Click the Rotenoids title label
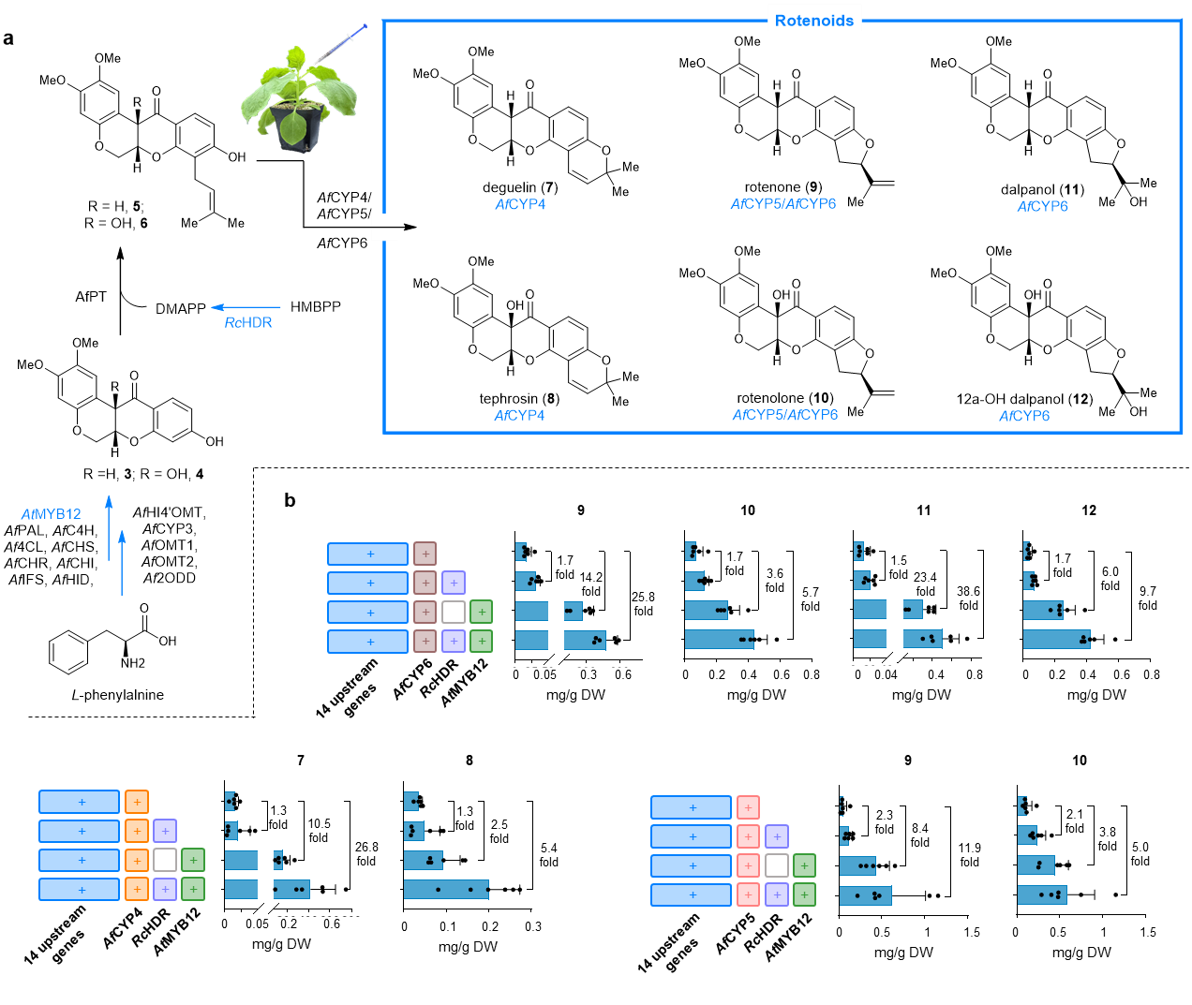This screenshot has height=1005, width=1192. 814,20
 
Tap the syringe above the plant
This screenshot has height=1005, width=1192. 339,46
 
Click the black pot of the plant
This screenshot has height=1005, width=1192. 298,129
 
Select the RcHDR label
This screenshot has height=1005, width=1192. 248,322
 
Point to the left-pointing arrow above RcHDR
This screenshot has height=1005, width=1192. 246,307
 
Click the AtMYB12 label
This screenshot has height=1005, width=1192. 52,514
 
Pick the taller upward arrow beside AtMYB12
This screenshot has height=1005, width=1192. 109,527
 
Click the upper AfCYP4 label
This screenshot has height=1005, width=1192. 520,204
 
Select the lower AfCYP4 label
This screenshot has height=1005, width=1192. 519,415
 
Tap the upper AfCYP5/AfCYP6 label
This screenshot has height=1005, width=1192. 783,203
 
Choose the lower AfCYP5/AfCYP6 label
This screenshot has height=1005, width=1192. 785,414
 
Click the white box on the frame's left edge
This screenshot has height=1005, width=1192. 384,228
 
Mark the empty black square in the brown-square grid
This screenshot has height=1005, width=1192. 454,613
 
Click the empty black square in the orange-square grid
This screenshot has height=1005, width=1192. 165,860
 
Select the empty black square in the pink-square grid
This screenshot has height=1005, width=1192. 777,865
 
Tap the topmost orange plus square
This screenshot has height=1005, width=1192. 137,802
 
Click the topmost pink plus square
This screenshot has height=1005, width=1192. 748,807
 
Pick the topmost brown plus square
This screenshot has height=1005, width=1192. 425,554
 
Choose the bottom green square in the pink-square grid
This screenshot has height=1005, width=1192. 804,894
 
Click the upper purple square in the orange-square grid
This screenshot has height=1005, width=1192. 165,831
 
